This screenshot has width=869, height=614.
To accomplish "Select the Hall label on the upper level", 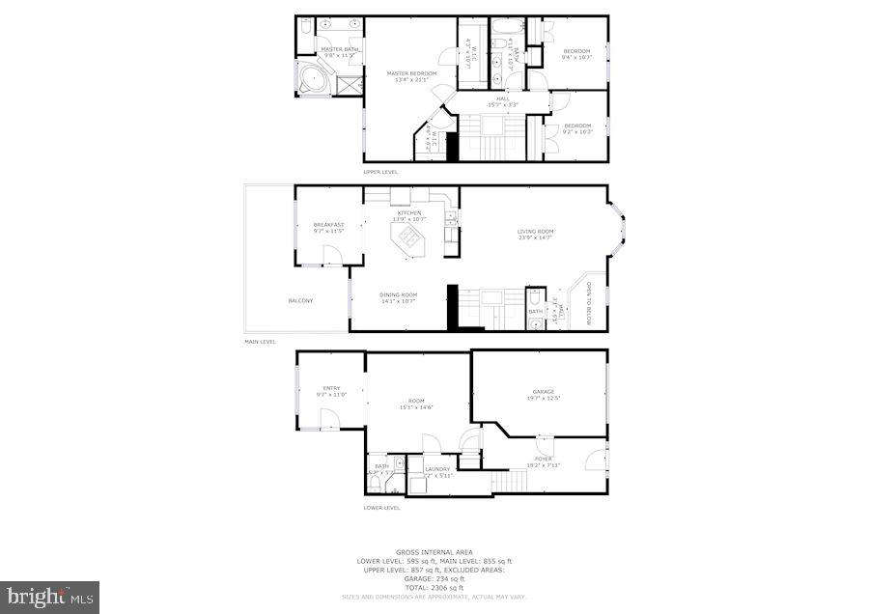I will click(503, 100).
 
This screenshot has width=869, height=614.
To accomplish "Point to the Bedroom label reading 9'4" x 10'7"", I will click(576, 53).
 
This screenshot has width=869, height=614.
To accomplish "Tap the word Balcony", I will click(300, 300).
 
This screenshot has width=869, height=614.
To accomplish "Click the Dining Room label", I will click(398, 297).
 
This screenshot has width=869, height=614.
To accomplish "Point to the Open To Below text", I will click(588, 304).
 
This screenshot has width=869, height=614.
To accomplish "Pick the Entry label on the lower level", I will click(331, 391).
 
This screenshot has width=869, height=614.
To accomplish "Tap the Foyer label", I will click(544, 461).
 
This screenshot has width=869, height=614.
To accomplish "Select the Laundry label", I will click(437, 472).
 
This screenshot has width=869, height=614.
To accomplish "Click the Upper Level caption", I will click(380, 172).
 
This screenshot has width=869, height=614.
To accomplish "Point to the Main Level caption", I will click(260, 342).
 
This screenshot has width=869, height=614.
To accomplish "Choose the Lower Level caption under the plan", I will click(380, 508).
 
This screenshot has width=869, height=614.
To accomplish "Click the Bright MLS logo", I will click(49, 597).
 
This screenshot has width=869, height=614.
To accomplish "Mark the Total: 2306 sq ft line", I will click(434, 588).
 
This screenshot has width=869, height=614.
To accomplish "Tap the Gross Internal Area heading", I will click(434, 553).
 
